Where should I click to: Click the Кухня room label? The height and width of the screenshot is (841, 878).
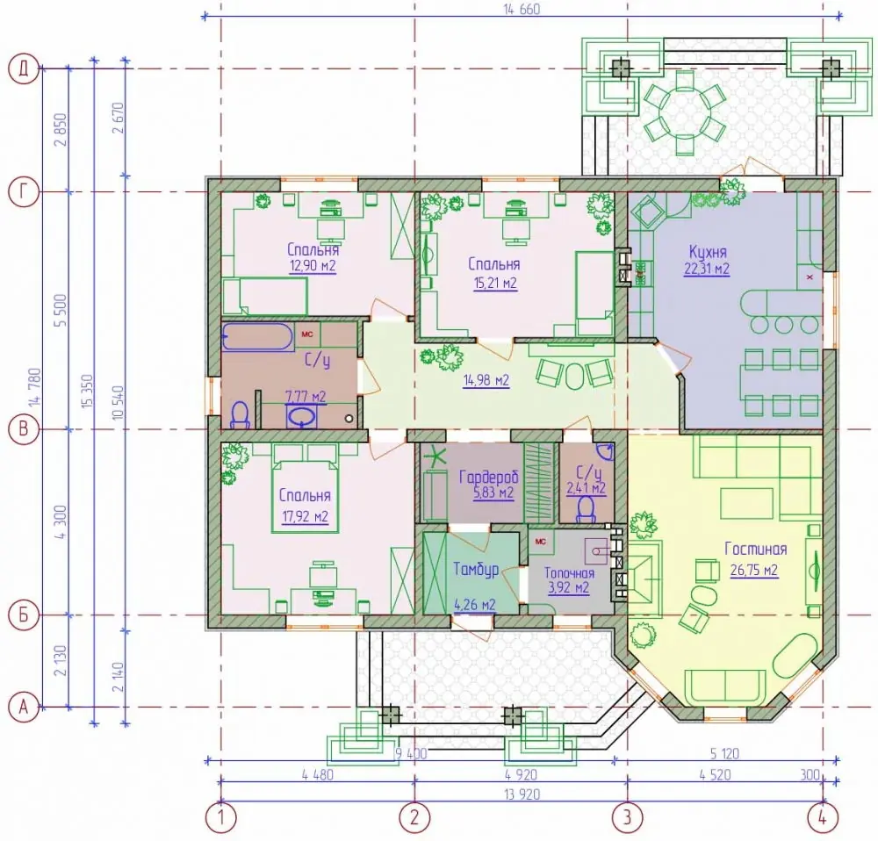[707, 251]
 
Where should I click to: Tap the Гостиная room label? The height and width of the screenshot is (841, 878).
[755, 549]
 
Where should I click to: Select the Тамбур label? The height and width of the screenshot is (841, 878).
[476, 569]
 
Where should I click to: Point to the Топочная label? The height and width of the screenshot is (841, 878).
[569, 573]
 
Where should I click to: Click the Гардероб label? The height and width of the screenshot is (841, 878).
[488, 477]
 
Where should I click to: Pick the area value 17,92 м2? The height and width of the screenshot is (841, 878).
[305, 516]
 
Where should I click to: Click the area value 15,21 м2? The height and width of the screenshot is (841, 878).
[495, 283]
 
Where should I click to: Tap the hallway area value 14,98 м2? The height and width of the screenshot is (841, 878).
[486, 381]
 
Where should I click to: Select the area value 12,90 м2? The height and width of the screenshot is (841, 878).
[313, 265]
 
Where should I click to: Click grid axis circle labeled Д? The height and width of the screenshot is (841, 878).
[24, 68]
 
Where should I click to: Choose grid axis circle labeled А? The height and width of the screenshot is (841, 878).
[24, 708]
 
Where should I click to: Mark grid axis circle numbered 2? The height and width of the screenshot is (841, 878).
[414, 818]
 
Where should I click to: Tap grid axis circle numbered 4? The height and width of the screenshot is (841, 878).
[823, 818]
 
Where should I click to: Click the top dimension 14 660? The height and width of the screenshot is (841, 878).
[522, 9]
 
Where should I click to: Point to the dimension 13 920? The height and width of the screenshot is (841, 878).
[522, 794]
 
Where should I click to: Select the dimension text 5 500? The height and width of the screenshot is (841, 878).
[61, 311]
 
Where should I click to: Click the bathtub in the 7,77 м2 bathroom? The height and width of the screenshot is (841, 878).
[257, 336]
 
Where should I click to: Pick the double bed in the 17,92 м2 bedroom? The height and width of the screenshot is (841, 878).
[306, 488]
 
